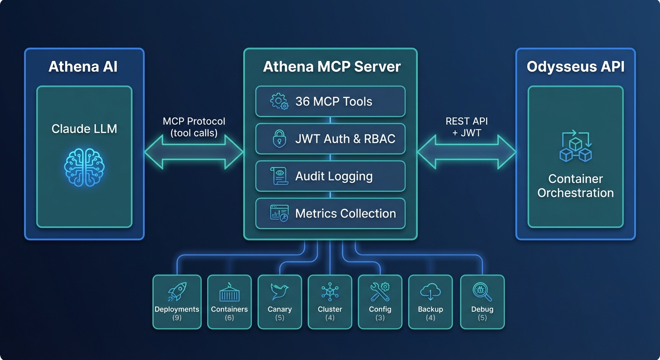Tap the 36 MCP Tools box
[330, 101]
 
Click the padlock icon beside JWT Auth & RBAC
[279, 139]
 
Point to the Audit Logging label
[334, 176]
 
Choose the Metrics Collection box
[330, 213]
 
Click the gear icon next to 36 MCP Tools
[279, 101]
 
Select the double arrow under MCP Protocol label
[194, 152]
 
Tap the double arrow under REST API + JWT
[466, 152]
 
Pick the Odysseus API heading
[575, 67]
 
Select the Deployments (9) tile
[177, 302]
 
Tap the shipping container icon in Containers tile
[229, 292]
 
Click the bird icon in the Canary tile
[279, 292]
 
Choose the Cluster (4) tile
[330, 302]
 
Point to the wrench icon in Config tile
[379, 292]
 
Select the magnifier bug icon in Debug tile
[482, 292]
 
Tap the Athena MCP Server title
[331, 67]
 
